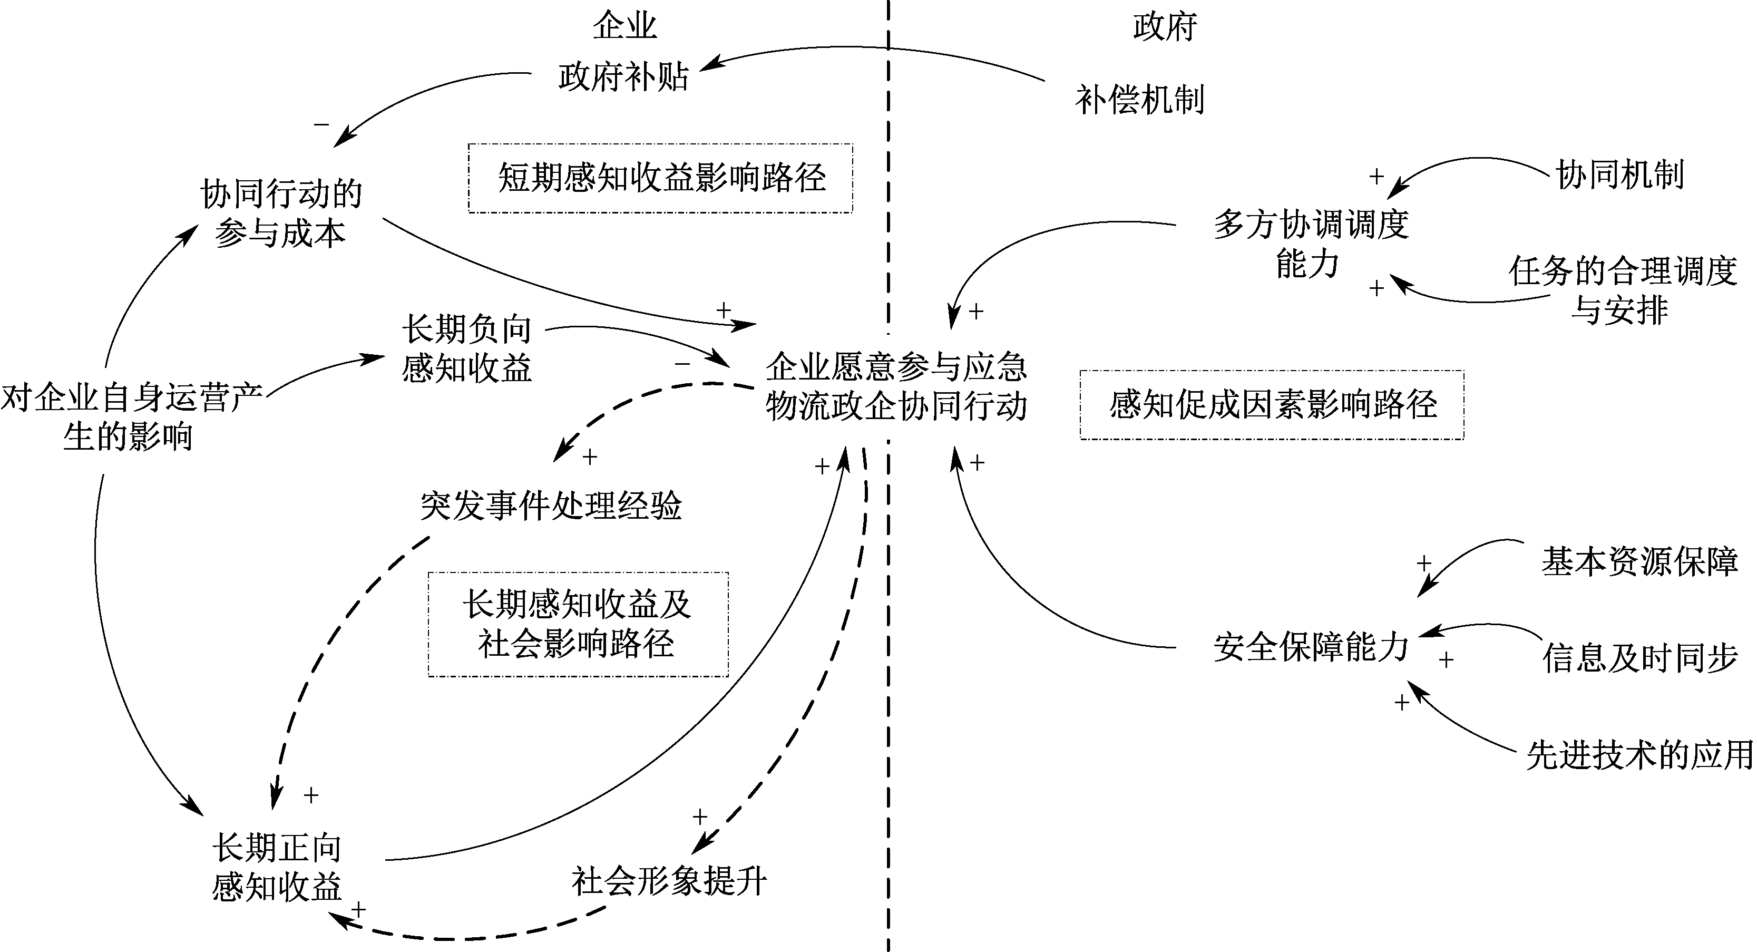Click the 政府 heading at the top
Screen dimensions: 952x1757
pyautogui.click(x=1165, y=26)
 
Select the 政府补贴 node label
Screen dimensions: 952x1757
pyautogui.click(x=623, y=76)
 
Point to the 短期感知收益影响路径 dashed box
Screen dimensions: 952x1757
pyautogui.click(x=660, y=178)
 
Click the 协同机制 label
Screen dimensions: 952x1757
pyautogui.click(x=1620, y=174)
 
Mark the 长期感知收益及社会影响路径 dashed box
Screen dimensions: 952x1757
pyautogui.click(x=578, y=624)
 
